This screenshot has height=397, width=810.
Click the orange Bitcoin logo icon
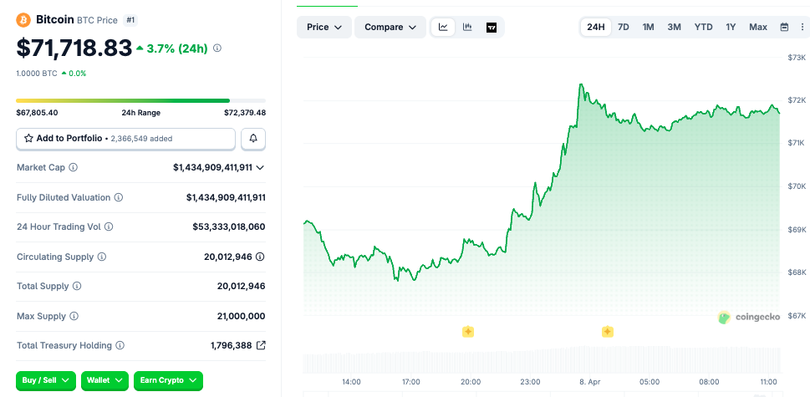23,19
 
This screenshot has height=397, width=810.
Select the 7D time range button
624,27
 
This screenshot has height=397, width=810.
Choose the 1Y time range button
731,27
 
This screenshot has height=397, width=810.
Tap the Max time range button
758,27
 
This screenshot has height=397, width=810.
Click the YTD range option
703,27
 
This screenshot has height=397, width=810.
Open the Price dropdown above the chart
324,27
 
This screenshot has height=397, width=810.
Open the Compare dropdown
390,27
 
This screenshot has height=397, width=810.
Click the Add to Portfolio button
125,138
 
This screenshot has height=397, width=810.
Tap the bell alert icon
253,138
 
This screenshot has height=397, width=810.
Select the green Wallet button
104,380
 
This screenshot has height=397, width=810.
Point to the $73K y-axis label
796,57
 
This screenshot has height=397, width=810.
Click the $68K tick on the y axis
796,272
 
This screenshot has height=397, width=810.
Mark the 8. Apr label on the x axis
590,381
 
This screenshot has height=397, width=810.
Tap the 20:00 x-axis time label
471,381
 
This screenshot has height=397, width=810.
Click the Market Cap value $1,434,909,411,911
212,167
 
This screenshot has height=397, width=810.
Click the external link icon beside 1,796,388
261,345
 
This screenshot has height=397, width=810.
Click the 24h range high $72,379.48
245,113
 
